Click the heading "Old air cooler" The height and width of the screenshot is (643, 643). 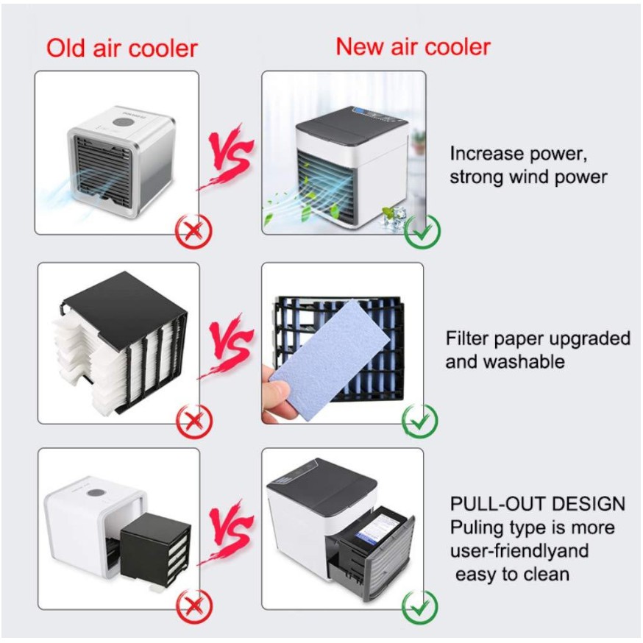[x=121, y=49]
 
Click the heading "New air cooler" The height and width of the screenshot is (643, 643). [x=413, y=46]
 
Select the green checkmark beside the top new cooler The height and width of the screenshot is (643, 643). [x=422, y=231]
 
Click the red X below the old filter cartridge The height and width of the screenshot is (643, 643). [x=193, y=422]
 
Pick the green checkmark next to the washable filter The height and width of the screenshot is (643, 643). [x=421, y=422]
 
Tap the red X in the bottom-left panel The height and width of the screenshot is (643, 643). [x=193, y=606]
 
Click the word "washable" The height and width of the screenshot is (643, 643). [x=524, y=362]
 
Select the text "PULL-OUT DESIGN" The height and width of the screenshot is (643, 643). [x=538, y=504]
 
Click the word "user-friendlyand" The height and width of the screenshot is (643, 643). [x=519, y=551]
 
